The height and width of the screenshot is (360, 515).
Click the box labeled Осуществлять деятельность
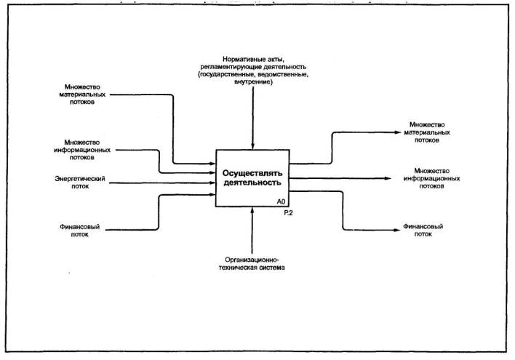pyautogui.click(x=252, y=177)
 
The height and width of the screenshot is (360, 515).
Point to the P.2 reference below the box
pyautogui.click(x=289, y=212)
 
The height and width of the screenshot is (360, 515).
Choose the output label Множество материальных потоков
pyautogui.click(x=427, y=132)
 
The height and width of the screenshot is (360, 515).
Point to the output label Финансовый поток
pyautogui.click(x=423, y=231)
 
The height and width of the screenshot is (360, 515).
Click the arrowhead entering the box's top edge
pyautogui.click(x=252, y=147)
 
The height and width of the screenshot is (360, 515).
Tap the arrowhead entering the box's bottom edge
pyautogui.click(x=252, y=210)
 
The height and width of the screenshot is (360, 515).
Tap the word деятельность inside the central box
pyautogui.click(x=252, y=183)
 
